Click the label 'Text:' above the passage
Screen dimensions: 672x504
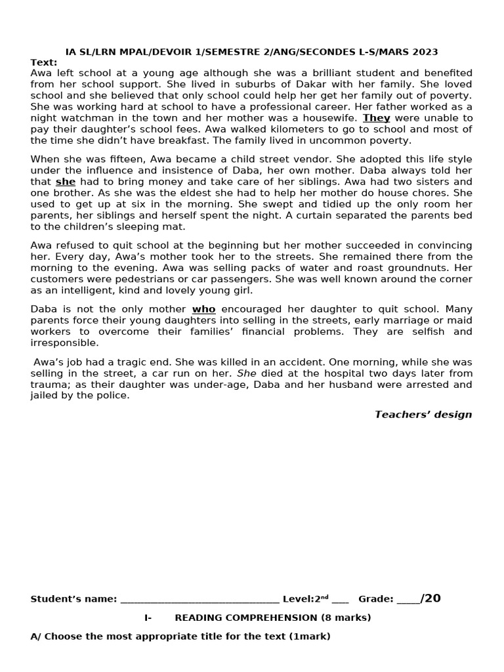click(43, 62)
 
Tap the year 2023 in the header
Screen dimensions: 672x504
click(425, 52)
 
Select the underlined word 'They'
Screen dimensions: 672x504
click(376, 118)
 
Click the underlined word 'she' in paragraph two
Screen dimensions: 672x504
click(65, 182)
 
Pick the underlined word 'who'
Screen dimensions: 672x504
click(203, 309)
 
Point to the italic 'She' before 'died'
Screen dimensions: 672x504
click(247, 373)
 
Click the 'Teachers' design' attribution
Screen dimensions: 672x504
click(423, 414)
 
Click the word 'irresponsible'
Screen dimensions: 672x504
click(64, 343)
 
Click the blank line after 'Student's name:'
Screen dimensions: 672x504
click(199, 598)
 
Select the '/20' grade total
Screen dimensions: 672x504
click(430, 598)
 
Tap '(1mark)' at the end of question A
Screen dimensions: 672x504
click(310, 636)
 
